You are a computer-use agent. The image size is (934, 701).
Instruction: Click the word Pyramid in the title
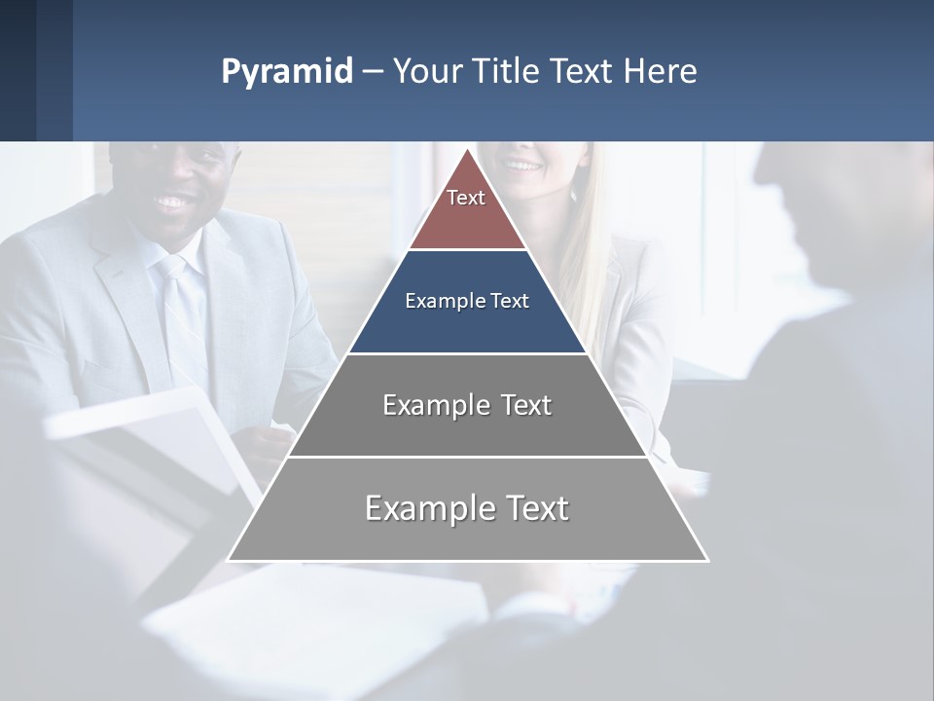point(286,72)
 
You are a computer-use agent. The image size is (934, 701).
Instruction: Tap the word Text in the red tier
point(466,198)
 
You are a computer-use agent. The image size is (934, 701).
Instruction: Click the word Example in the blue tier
point(437,301)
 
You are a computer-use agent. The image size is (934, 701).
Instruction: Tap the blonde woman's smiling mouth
point(523,166)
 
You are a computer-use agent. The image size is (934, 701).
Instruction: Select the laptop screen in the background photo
point(156,438)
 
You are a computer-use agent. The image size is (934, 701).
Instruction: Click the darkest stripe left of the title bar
point(18,70)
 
